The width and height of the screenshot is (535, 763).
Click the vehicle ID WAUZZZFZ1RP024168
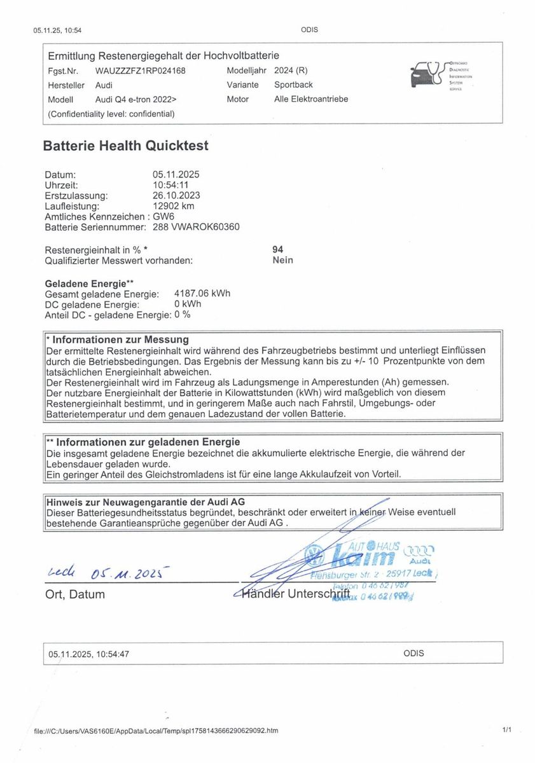tap(140, 71)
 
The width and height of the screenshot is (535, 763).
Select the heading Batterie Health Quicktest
tap(125, 146)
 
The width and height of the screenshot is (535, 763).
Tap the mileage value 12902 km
tap(173, 206)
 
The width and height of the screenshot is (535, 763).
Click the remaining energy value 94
tap(277, 250)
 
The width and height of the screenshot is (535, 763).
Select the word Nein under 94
tap(282, 260)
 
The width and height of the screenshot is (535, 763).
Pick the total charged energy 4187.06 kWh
tap(202, 294)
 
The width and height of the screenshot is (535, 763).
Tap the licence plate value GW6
tap(162, 216)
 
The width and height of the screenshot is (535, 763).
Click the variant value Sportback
tap(293, 85)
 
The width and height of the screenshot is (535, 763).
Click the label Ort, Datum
tap(75, 595)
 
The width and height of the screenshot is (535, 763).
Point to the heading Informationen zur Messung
tap(120, 340)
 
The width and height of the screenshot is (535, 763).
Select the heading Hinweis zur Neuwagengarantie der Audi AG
tap(145, 502)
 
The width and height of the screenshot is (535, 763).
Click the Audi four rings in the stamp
tap(419, 549)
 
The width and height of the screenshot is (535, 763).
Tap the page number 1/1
tap(506, 731)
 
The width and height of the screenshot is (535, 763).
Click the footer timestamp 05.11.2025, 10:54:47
tap(89, 653)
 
